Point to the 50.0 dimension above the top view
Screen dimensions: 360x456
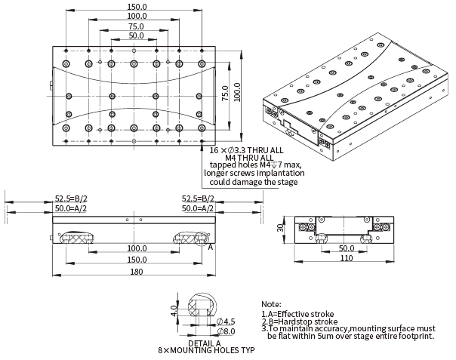[x=136, y=35]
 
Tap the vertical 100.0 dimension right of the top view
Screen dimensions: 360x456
[x=236, y=90]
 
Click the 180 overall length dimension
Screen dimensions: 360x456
[x=135, y=272]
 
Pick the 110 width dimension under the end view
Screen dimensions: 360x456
[x=346, y=258]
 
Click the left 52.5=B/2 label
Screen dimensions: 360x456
[x=70, y=198]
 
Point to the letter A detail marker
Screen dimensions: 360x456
[x=210, y=246]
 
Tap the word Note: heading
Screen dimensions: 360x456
[x=270, y=303]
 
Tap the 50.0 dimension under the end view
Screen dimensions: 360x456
[x=346, y=248]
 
